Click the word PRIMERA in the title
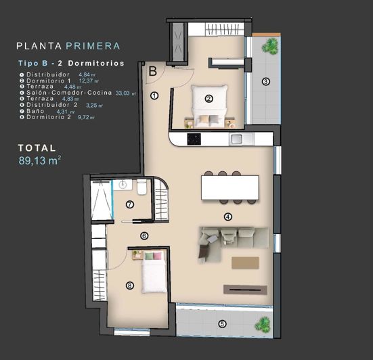coord(93,46)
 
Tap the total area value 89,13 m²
coord(40,160)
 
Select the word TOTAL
coord(37,147)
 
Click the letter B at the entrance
coord(153,70)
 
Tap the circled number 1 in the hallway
coord(154,96)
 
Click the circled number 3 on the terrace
coord(265,82)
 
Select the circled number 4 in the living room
coord(228,217)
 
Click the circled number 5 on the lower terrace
coord(221,323)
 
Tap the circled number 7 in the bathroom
coord(129,204)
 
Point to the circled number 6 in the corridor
coord(144,235)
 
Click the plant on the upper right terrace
coord(271,46)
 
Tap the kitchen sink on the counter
coord(238,139)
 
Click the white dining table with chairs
coord(229,187)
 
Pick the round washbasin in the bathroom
coord(123,184)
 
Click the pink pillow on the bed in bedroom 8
coord(157,256)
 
